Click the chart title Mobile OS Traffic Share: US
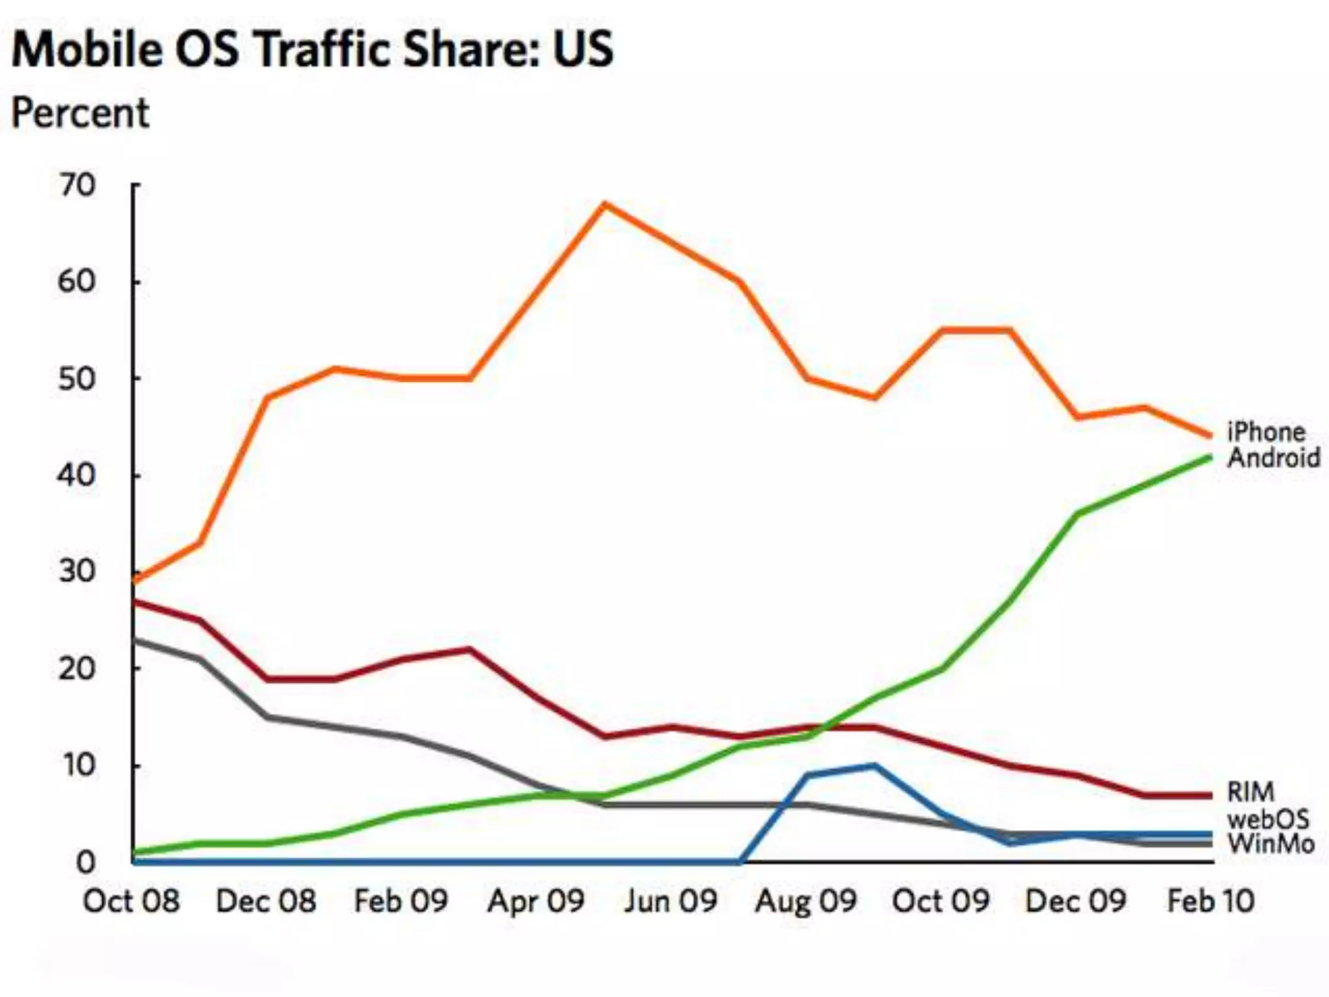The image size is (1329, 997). [312, 49]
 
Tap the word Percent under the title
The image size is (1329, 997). [80, 113]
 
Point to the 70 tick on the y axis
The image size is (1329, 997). [77, 186]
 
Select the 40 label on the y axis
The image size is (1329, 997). [77, 476]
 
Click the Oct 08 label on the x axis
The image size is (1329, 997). [131, 901]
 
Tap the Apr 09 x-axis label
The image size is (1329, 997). [536, 901]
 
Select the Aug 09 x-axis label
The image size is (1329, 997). [805, 901]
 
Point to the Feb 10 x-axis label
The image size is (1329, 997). [1210, 901]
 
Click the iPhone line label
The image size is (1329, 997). [1265, 432]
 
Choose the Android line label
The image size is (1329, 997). [1273, 458]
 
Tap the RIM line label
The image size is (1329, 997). [1250, 792]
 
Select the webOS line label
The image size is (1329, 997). [1267, 819]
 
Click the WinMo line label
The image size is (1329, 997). [1271, 844]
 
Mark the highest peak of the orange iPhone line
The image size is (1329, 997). [604, 204]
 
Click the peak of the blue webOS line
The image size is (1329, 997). [874, 766]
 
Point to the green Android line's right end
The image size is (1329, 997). [1210, 458]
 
